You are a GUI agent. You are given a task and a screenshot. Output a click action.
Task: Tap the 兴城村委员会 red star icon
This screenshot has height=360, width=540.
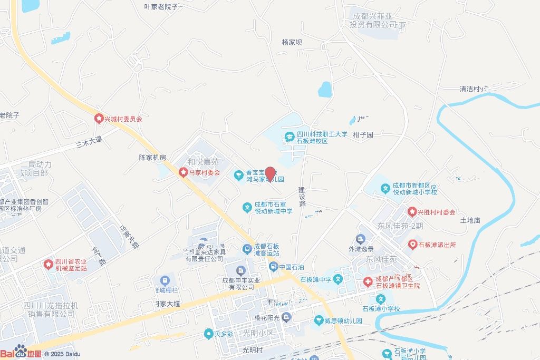[x=99, y=119]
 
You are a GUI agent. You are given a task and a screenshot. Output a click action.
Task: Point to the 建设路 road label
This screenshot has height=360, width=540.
[x=302, y=196]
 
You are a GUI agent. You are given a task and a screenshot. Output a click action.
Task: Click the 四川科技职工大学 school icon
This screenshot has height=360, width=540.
[x=289, y=138]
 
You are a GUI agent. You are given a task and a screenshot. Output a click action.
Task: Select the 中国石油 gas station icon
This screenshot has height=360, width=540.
[x=273, y=267]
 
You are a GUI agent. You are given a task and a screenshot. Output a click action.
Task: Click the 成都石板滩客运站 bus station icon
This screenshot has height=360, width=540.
[x=247, y=249]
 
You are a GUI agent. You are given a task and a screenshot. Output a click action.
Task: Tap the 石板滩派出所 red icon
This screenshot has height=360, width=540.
[x=412, y=245]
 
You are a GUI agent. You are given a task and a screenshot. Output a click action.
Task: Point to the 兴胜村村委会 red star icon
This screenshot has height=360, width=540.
[x=412, y=212]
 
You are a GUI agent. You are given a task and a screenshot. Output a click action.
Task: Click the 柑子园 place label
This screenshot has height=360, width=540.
[x=363, y=134]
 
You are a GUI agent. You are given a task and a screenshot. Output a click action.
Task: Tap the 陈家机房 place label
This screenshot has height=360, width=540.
[x=152, y=157]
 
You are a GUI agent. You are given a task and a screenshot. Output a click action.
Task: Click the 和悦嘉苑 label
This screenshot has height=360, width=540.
[x=203, y=162]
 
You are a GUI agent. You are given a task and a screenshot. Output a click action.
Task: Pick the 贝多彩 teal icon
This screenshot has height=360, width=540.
[x=209, y=334]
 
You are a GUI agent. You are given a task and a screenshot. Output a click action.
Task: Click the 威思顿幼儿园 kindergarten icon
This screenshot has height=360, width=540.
[x=319, y=320]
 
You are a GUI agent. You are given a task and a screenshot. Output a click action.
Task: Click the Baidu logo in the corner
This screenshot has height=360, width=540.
[x=21, y=352]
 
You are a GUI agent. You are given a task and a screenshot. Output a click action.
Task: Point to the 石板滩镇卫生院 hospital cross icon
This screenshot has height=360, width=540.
[x=368, y=282]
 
